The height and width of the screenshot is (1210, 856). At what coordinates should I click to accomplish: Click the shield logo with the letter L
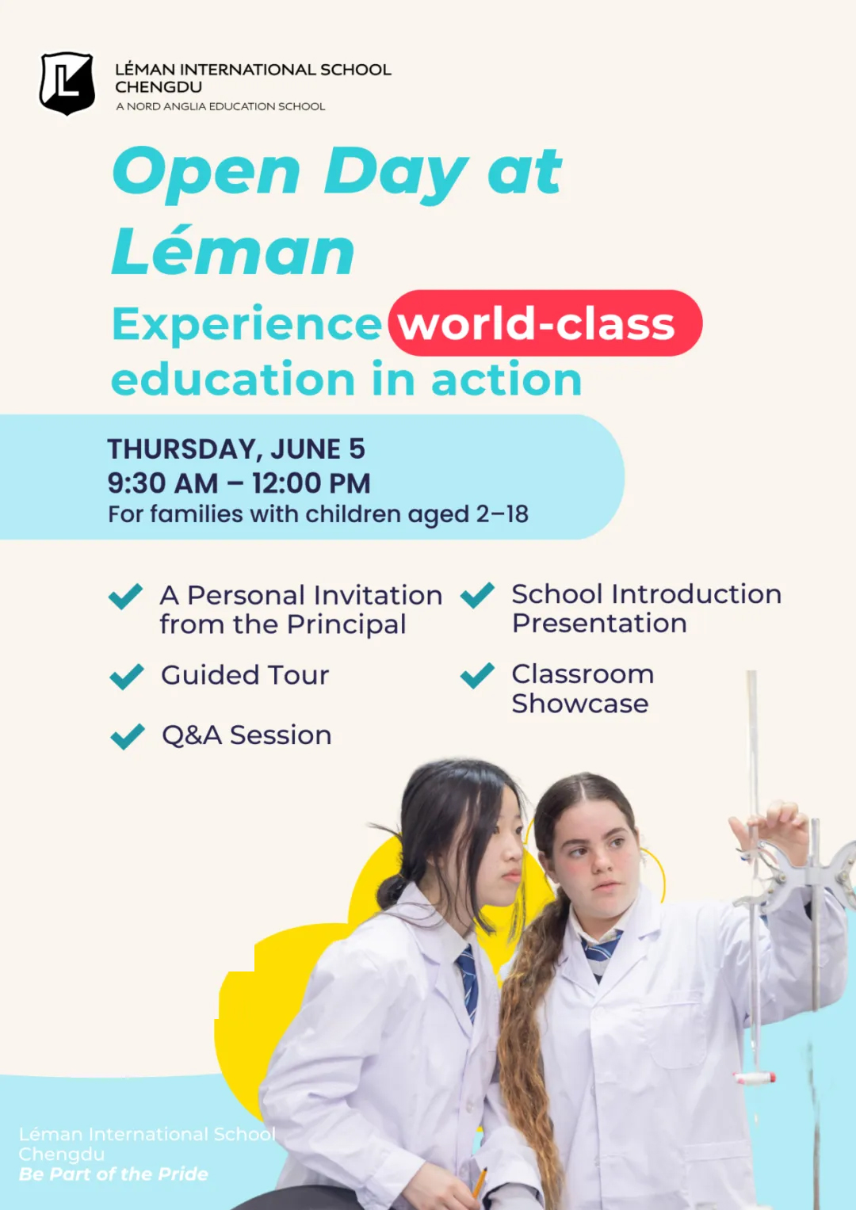click(67, 83)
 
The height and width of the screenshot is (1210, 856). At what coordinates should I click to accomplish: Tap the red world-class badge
click(545, 323)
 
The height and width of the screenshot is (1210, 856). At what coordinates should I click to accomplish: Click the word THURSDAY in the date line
click(182, 450)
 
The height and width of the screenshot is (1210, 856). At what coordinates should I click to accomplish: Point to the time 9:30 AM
click(162, 483)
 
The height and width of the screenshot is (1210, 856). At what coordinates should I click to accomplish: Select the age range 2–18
click(502, 513)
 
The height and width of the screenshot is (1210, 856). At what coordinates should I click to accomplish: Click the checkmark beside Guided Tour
click(127, 676)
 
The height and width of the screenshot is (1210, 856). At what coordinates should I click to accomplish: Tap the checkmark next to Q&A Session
click(128, 736)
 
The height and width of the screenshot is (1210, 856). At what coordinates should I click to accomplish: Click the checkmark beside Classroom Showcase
click(477, 675)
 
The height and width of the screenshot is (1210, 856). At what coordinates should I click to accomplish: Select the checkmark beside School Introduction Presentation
click(477, 595)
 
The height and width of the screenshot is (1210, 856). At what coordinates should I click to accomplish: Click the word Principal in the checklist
click(346, 625)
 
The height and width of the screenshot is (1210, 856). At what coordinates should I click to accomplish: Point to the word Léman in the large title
click(233, 252)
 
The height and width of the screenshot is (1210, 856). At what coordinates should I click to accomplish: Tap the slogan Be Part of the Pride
click(113, 1174)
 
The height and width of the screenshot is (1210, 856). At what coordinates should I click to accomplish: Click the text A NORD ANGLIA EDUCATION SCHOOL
click(220, 106)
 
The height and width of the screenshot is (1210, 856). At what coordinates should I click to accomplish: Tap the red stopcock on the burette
click(755, 1077)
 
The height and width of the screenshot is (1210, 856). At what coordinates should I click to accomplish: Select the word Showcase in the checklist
click(580, 704)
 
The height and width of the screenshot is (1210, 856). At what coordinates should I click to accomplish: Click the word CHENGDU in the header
click(159, 87)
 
